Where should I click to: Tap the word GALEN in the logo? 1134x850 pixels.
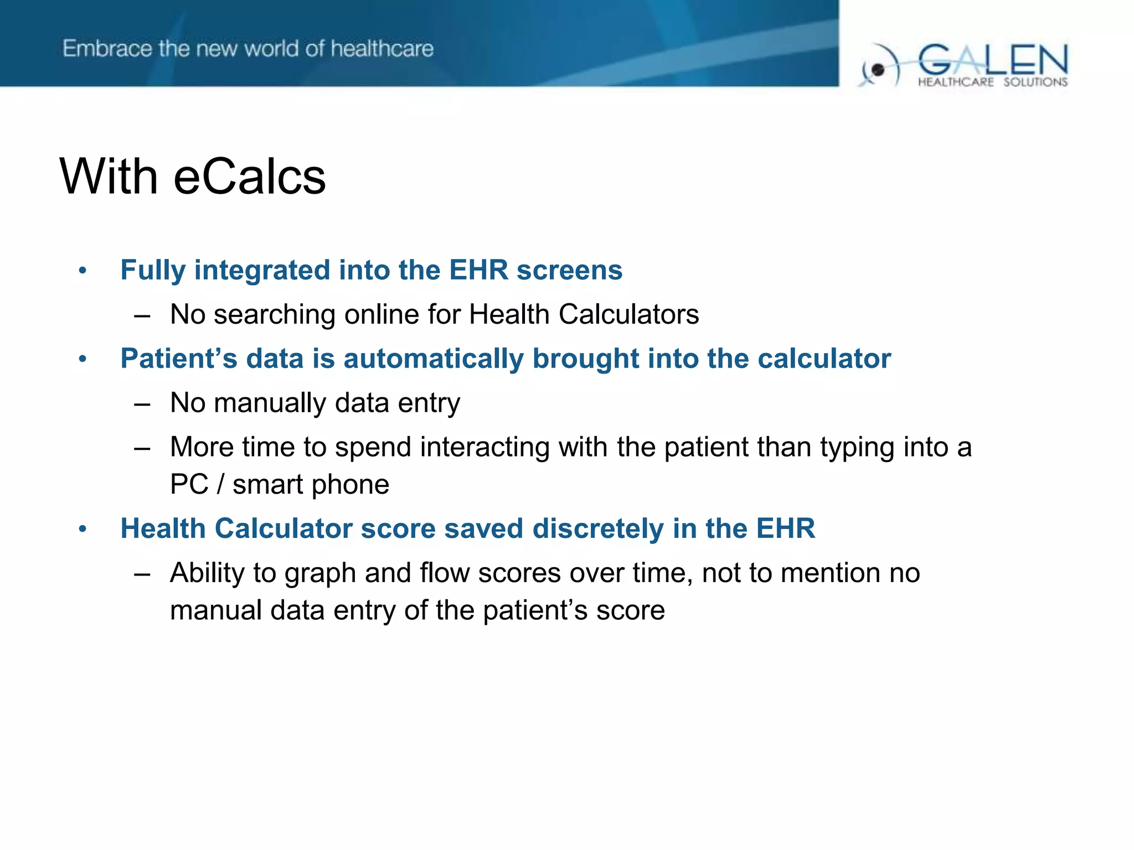(993, 60)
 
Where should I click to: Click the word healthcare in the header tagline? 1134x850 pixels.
(382, 49)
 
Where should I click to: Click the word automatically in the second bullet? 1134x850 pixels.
(433, 359)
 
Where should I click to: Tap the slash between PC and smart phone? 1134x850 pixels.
(220, 485)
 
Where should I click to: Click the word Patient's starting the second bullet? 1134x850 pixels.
(178, 359)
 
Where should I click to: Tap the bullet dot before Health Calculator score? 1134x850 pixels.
(83, 529)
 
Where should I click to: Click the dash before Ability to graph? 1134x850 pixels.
(142, 574)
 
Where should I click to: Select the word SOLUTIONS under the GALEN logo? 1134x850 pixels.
(1035, 82)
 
